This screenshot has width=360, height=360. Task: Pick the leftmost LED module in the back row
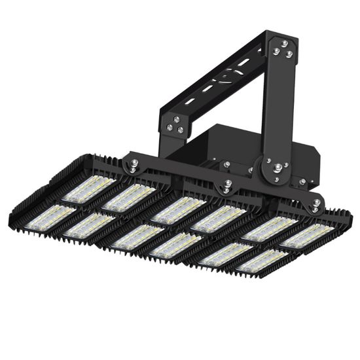click(87, 189)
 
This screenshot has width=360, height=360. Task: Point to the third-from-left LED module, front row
click(137, 236)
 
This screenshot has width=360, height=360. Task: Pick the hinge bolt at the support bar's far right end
click(315, 205)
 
